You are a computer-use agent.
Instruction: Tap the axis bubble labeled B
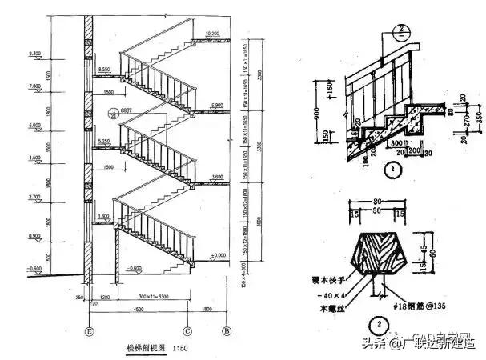[x=227, y=329]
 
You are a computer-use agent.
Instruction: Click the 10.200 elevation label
[x=212, y=34]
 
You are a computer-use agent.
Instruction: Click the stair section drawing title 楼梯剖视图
[x=145, y=348]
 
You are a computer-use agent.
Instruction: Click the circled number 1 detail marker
[x=392, y=169]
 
